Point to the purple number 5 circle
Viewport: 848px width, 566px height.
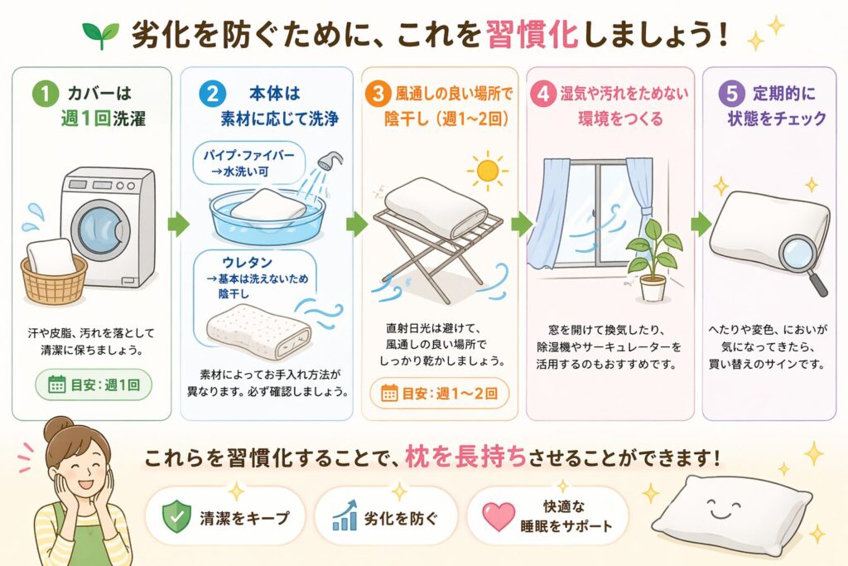click(x=731, y=94)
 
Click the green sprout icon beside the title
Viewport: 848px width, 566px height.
click(x=100, y=35)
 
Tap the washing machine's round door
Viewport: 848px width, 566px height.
click(x=100, y=227)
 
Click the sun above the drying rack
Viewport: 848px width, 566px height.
click(x=487, y=171)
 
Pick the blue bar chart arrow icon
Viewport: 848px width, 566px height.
click(x=344, y=515)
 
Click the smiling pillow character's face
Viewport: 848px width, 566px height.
click(x=725, y=509)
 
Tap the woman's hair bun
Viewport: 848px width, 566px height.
click(x=58, y=428)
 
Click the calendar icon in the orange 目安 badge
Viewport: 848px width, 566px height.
click(x=389, y=393)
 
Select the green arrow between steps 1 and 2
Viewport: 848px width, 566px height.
click(x=179, y=224)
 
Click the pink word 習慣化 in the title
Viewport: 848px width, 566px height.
click(x=532, y=35)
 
